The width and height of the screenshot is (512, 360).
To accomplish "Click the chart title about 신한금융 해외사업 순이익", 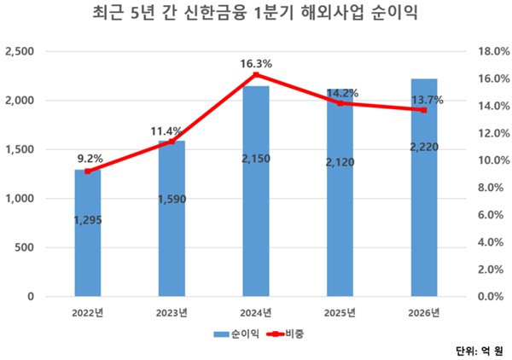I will coord(255,15).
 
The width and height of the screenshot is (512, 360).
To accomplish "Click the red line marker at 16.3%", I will coord(256,74).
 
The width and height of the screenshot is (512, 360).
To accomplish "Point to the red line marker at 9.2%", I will coord(88,171).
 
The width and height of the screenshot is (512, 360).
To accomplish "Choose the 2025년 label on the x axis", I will coord(340,312).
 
